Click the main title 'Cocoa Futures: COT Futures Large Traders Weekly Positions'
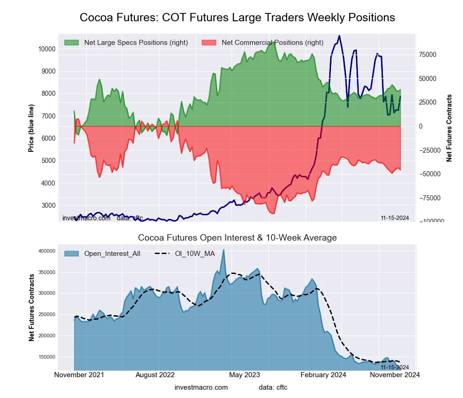point(237,18)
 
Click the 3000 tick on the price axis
point(48,205)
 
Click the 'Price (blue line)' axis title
point(31,128)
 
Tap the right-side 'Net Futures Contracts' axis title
point(449,128)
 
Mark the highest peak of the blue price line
point(339,36)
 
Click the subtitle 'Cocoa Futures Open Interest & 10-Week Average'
point(237,238)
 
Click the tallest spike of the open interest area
point(224,250)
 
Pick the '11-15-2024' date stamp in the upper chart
point(394,218)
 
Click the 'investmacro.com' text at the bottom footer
point(201,387)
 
